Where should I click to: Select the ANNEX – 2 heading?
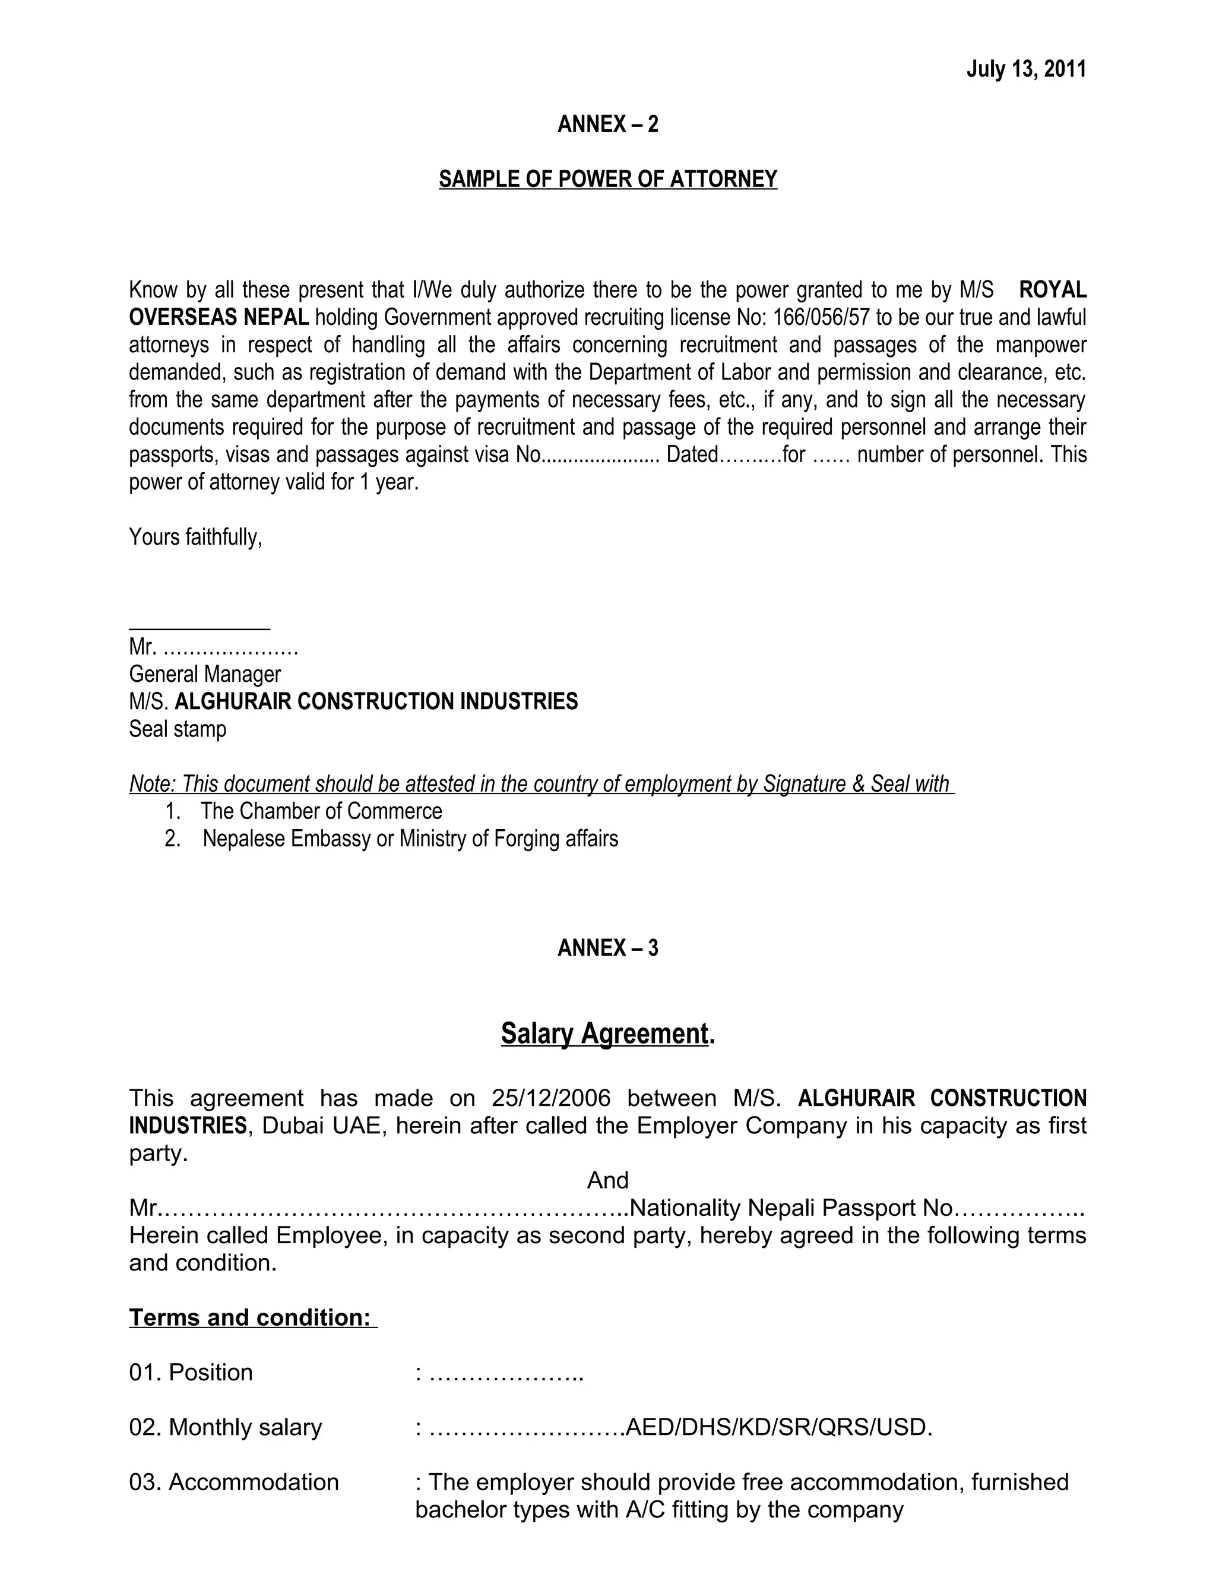point(607,124)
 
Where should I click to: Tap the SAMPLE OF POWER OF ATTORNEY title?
point(607,179)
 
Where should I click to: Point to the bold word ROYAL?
point(1053,290)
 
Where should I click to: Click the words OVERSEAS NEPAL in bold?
point(219,317)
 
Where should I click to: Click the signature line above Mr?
point(199,629)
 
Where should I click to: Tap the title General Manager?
point(205,674)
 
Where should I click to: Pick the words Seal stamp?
point(177,729)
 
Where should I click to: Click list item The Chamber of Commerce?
point(321,811)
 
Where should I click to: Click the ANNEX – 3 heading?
point(607,948)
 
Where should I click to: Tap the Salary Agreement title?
point(604,1033)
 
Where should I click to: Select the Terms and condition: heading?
point(252,1317)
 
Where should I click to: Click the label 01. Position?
point(191,1372)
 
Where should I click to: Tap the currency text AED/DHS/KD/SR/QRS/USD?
point(779,1427)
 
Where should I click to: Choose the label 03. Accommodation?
point(233,1482)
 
